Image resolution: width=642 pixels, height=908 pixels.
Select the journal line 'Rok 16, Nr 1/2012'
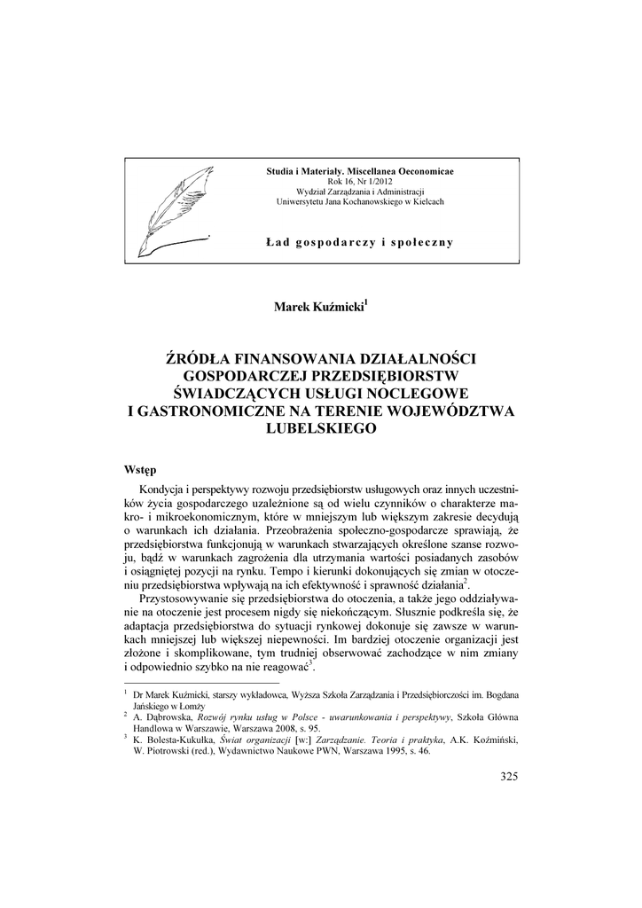[x=360, y=180]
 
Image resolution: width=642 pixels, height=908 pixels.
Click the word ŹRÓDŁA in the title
[x=200, y=359]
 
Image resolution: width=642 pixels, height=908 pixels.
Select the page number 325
[x=508, y=777]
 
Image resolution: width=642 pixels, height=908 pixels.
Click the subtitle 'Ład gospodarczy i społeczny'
[x=360, y=242]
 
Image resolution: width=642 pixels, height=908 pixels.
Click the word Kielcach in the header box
[x=425, y=201]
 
